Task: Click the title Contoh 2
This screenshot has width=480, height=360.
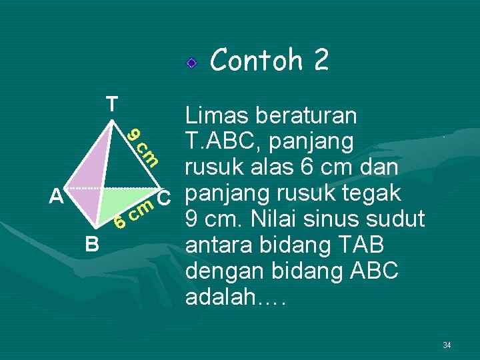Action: [x=269, y=61]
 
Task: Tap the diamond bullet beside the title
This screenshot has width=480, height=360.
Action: [x=191, y=64]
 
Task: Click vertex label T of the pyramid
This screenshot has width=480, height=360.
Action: [x=111, y=104]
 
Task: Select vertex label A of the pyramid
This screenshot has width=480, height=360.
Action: [x=57, y=197]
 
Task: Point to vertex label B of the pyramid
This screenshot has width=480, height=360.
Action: [x=92, y=245]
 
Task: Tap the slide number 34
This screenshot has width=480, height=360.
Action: [x=447, y=345]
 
